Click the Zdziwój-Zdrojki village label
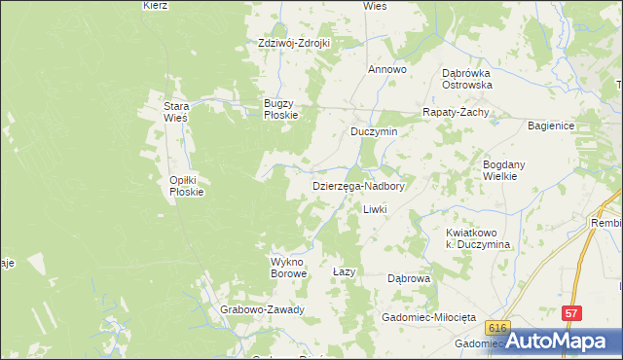click(x=295, y=43)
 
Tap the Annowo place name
click(x=386, y=70)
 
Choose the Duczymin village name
click(x=375, y=131)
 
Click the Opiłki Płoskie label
click(x=186, y=186)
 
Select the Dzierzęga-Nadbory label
click(x=357, y=185)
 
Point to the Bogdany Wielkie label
click(x=506, y=171)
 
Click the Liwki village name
click(x=375, y=210)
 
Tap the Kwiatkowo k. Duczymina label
click(x=479, y=239)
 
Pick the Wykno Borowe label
click(x=288, y=268)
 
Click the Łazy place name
click(x=342, y=271)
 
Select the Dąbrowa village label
click(x=409, y=278)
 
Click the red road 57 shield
click(x=571, y=313)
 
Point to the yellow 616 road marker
click(x=499, y=329)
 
